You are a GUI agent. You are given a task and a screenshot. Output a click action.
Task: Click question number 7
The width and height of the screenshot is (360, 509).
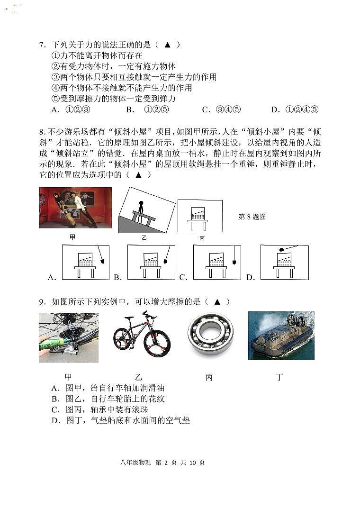43,45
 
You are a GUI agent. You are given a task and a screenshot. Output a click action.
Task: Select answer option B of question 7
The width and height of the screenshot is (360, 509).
148,110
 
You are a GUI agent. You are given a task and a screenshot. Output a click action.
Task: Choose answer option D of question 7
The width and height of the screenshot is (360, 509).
295,110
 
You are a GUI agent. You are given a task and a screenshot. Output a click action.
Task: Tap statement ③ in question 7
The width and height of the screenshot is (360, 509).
134,77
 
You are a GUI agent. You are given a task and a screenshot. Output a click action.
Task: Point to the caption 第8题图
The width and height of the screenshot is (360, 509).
252,217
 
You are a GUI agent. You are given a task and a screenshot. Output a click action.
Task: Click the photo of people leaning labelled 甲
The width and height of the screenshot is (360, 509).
76,208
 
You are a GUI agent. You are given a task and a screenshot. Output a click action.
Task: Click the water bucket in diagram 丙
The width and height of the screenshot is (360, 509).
198,214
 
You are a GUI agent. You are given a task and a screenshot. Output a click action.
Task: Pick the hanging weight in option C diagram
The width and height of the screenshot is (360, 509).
234,262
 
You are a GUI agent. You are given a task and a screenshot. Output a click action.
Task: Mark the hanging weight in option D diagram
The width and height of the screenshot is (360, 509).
282,250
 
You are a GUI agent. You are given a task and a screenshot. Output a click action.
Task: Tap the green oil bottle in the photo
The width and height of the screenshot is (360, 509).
54,343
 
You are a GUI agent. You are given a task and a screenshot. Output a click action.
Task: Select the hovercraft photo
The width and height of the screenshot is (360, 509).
281,336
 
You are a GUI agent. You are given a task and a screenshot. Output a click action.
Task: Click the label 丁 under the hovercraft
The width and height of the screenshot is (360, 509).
279,377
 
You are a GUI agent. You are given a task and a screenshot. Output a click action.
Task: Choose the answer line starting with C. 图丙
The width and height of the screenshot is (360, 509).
99,409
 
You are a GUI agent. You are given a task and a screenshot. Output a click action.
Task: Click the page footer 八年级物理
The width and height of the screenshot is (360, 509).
135,463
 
